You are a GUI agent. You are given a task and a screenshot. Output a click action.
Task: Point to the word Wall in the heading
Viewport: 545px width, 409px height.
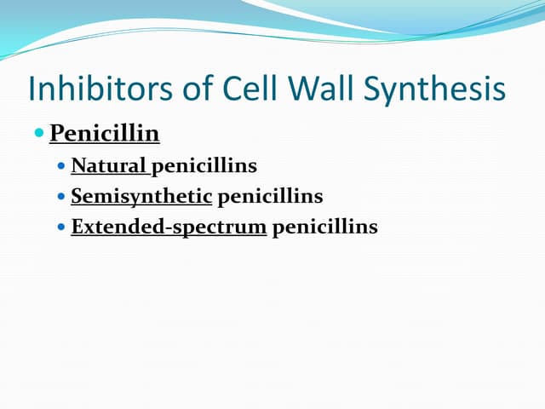coord(318,89)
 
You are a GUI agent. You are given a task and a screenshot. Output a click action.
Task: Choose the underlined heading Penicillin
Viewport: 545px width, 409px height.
coord(105,135)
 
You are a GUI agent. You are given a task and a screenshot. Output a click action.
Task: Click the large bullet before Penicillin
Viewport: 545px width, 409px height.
coord(39,134)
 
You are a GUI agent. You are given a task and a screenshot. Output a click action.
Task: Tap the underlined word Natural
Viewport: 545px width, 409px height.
coord(109,166)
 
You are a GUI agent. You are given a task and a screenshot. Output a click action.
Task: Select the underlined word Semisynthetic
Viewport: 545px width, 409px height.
coord(141,197)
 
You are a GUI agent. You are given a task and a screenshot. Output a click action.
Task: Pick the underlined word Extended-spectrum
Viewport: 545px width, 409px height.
coord(169,228)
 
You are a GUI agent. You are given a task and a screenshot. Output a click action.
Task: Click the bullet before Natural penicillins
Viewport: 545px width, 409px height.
coord(62,167)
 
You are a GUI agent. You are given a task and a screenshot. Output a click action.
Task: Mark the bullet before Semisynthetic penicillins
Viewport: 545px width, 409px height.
coord(62,198)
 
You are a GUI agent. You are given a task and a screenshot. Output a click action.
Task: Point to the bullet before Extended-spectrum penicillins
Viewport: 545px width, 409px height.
coord(62,228)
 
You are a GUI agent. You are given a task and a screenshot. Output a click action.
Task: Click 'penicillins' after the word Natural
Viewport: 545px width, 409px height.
coord(204,166)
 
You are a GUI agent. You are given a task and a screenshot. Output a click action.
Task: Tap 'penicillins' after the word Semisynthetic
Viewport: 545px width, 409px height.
coord(270,197)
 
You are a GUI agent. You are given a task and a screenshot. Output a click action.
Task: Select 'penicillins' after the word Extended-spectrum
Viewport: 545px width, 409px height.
coord(324,228)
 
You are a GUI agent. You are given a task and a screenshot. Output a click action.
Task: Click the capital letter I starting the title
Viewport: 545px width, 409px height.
coord(32,89)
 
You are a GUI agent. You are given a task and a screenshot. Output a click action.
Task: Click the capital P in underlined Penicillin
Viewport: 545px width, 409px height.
coord(57,134)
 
